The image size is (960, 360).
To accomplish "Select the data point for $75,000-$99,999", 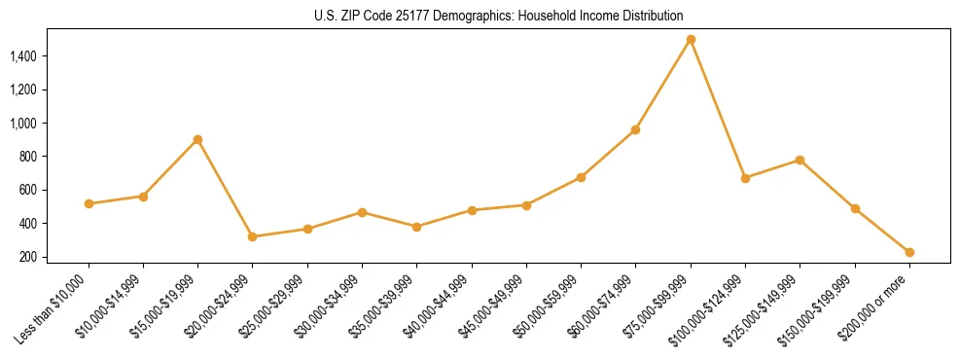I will click(691, 40).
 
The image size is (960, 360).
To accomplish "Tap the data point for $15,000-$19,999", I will click(197, 139).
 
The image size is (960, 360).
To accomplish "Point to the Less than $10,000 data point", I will click(89, 203).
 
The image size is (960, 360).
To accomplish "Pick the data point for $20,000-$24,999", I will click(253, 236).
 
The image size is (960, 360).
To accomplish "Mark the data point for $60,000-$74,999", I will click(636, 129).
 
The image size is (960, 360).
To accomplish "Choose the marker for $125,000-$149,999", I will click(800, 160).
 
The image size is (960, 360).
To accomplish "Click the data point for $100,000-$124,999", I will click(745, 178).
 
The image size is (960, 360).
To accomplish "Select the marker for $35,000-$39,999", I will click(417, 227).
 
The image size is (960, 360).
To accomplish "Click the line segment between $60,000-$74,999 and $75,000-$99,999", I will click(663, 85).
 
